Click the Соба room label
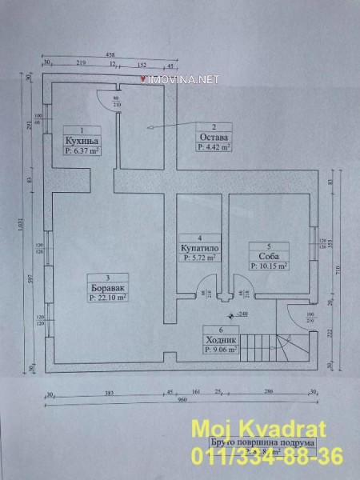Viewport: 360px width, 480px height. pos(267,255)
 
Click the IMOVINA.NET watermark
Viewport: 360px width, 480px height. pos(178,80)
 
